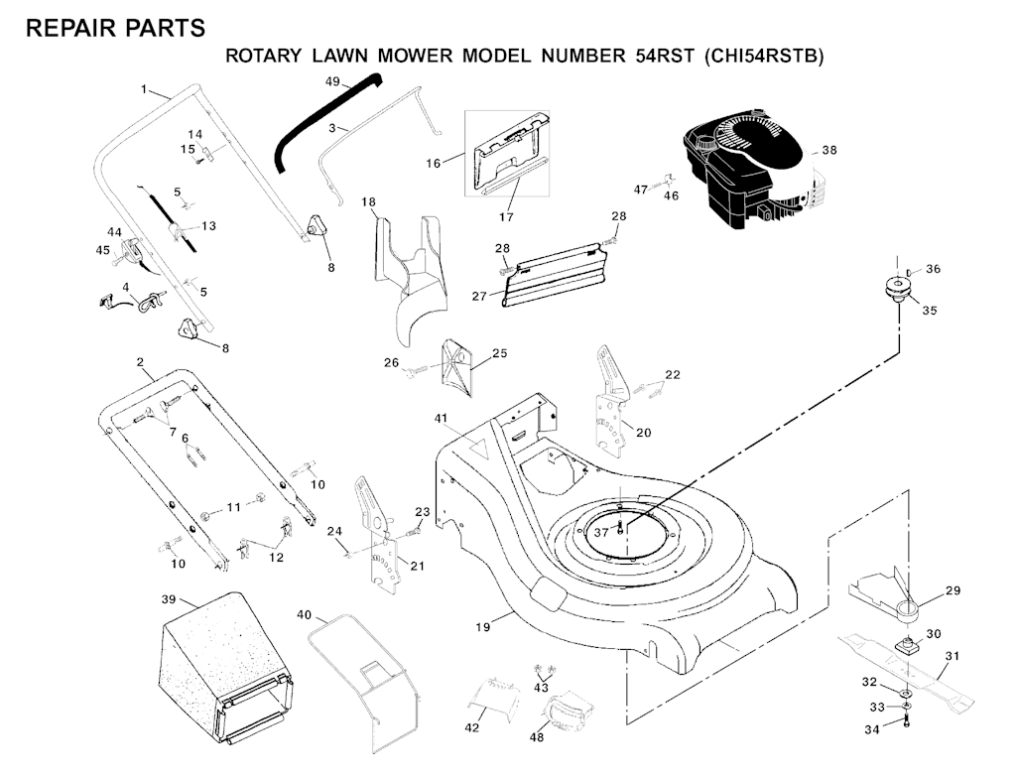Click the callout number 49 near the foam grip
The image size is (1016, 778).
click(332, 79)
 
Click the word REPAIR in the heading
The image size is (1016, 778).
click(70, 29)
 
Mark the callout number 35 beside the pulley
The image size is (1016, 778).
click(929, 310)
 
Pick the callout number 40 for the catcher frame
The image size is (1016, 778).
click(304, 615)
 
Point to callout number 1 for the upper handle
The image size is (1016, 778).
click(144, 90)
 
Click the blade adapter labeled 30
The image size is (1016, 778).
click(906, 645)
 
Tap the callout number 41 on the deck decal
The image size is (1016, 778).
click(440, 419)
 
